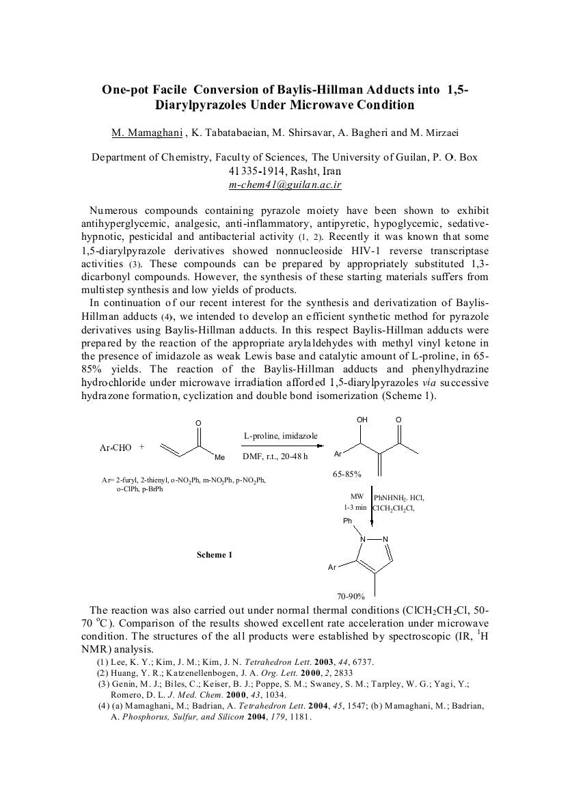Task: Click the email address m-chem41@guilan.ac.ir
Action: [x=285, y=184]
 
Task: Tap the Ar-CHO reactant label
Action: [x=116, y=448]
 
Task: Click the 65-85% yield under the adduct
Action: [x=347, y=473]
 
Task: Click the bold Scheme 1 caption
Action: [x=215, y=555]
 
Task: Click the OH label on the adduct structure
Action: [x=362, y=420]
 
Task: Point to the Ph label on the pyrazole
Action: [x=347, y=521]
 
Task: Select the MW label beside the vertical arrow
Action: [x=357, y=497]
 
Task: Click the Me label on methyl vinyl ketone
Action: [x=219, y=458]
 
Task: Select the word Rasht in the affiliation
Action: [x=290, y=171]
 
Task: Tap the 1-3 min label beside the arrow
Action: [x=355, y=508]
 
